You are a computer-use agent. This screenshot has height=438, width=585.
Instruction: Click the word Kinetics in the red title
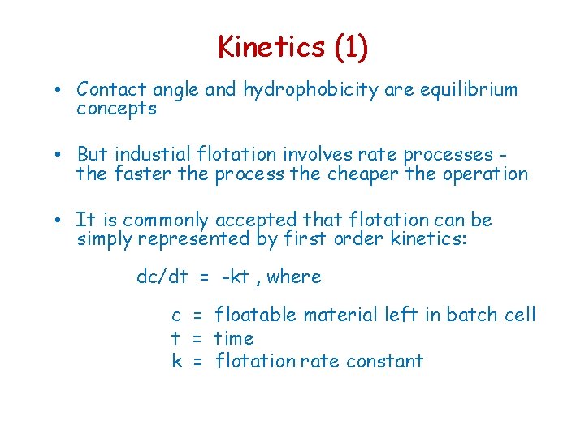[271, 47]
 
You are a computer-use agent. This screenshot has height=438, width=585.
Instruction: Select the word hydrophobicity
[310, 89]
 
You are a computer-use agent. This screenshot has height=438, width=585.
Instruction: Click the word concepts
[115, 109]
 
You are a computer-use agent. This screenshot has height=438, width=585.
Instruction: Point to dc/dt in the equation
[162, 277]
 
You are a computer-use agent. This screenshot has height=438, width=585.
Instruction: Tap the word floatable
[262, 315]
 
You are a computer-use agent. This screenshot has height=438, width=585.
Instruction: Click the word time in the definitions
[234, 338]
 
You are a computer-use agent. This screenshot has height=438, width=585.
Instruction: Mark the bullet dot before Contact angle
[63, 89]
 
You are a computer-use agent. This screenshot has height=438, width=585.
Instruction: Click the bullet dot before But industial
[63, 154]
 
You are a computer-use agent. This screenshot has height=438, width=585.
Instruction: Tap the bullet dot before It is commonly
[63, 220]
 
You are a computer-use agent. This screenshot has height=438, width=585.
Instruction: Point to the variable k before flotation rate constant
[176, 361]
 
